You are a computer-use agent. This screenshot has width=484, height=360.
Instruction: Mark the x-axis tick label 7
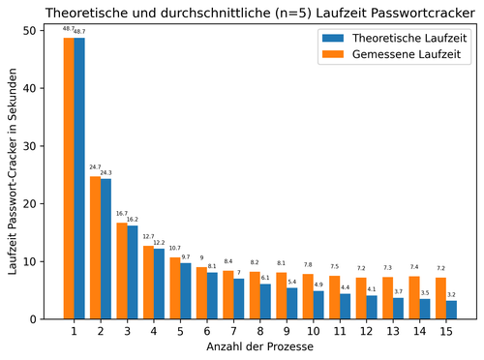click(x=233, y=331)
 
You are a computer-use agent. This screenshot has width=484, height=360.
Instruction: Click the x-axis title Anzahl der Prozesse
click(x=253, y=346)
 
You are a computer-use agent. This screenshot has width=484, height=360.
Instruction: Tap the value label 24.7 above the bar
click(x=95, y=166)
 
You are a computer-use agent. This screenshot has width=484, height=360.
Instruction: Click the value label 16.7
click(x=122, y=214)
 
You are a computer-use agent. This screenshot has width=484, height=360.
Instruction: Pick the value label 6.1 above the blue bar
click(x=265, y=277)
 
